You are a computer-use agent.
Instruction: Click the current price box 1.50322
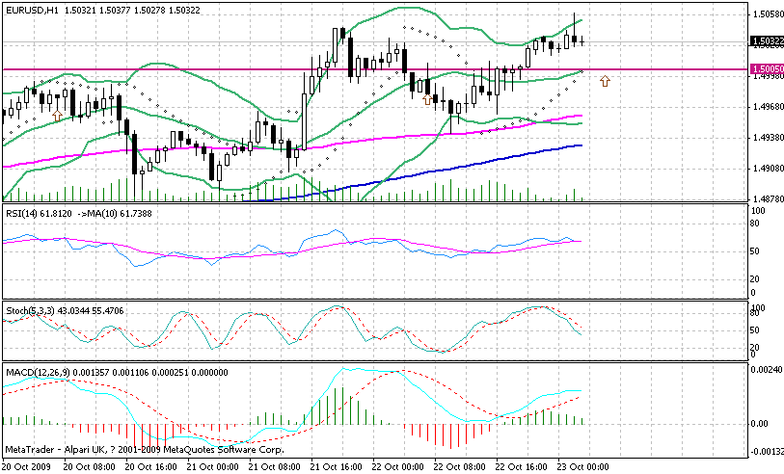[766, 41]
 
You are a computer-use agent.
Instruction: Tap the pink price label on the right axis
[766, 69]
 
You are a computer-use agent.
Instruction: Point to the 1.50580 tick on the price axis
[766, 13]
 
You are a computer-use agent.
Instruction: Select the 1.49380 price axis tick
[766, 138]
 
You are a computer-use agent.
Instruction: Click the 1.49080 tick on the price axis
[766, 169]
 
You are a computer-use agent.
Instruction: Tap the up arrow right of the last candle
[605, 82]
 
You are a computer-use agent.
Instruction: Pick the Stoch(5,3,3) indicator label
[29, 310]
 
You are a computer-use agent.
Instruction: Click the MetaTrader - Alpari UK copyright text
[135, 450]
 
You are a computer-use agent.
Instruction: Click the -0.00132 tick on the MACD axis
[766, 451]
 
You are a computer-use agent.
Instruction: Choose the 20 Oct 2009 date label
[28, 466]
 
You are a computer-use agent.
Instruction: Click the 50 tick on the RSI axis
[757, 250]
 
